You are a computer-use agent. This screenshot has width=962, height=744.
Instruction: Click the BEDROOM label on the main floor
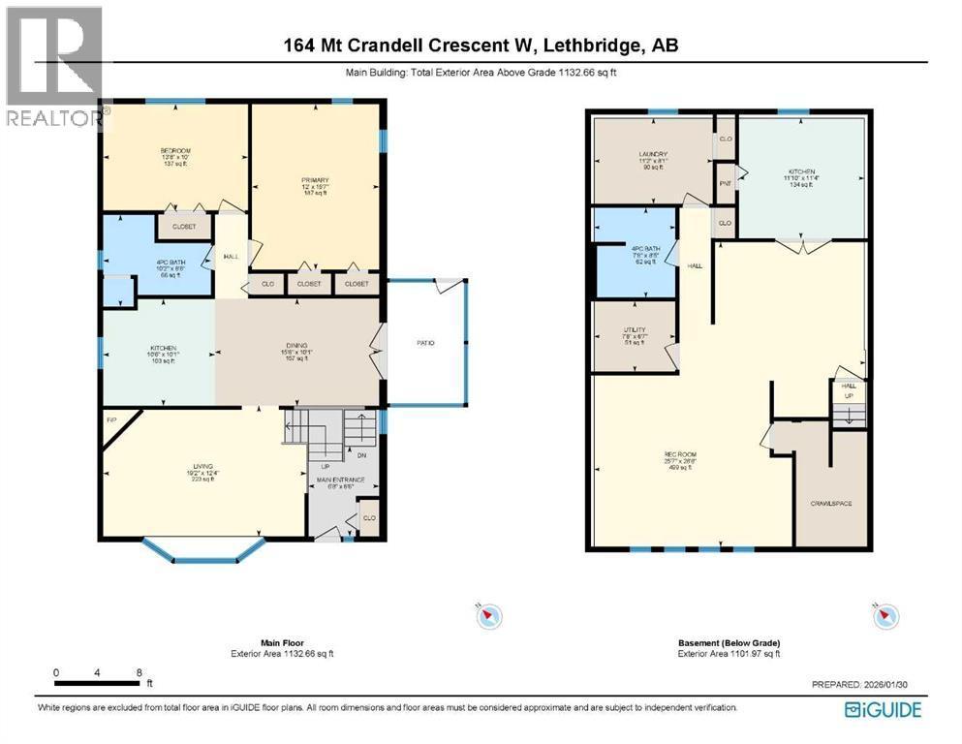coord(175,151)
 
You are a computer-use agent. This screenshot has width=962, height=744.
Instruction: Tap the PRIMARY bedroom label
coord(315,180)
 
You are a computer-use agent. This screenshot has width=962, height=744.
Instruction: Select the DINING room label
coord(296,350)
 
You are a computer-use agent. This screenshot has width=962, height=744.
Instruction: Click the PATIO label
coord(424,343)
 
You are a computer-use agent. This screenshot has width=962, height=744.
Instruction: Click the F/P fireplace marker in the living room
coord(111,420)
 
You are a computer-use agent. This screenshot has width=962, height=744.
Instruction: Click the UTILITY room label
coord(635,330)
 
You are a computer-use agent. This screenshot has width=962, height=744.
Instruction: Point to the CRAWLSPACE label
coord(830,503)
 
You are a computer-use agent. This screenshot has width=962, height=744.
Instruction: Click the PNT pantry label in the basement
coord(725,183)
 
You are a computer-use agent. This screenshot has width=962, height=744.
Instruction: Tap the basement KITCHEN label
coord(800,171)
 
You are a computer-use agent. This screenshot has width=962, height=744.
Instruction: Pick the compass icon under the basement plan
coord(885,615)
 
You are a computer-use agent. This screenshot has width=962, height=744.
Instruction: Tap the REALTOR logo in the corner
coord(53,68)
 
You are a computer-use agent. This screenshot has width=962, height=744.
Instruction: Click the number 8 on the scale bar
coord(140,672)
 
